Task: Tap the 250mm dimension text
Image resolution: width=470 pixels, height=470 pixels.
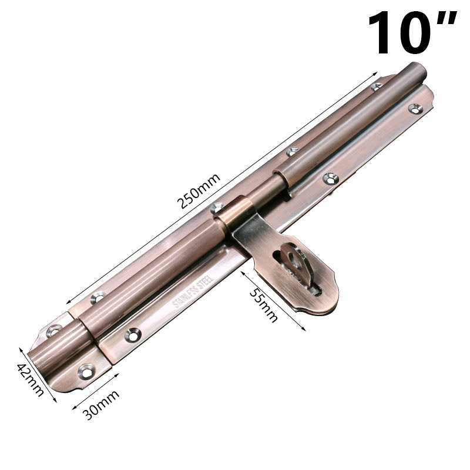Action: click(x=199, y=191)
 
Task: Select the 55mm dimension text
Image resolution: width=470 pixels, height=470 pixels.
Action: click(x=263, y=305)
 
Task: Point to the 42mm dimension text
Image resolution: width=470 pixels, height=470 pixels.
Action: click(x=30, y=379)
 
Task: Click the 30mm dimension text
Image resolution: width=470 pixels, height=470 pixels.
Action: click(x=101, y=404)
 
